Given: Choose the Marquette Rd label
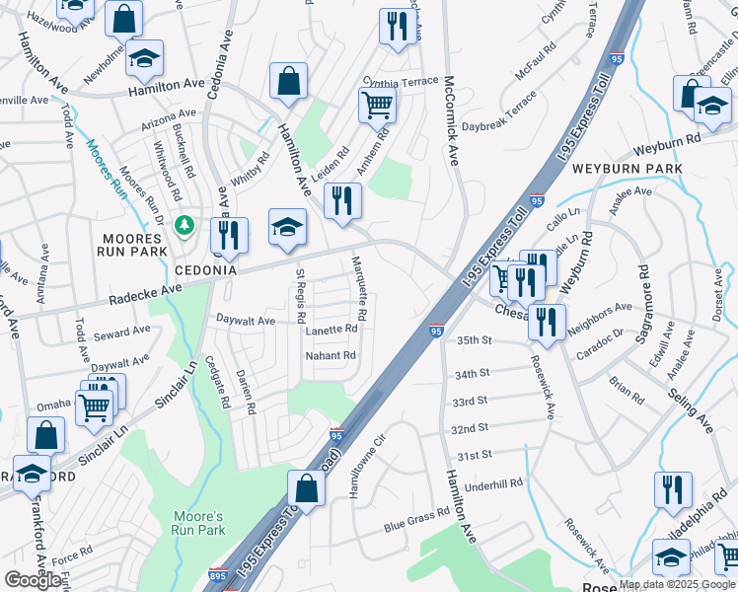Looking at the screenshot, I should [x=360, y=288].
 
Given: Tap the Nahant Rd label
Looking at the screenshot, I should [x=330, y=355].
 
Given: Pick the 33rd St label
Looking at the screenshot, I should [x=471, y=402].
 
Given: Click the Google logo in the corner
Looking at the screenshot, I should [x=33, y=580].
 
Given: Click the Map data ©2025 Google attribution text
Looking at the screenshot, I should [x=677, y=584].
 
